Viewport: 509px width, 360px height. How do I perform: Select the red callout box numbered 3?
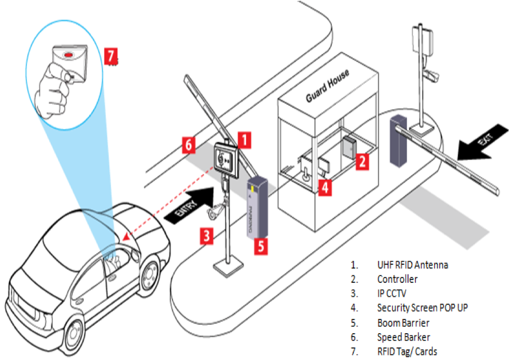coord(207,236)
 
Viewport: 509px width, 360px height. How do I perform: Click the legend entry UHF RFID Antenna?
coord(412,265)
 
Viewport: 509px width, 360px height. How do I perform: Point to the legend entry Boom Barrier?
coord(403,323)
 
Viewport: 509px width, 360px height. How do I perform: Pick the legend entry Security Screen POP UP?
coord(422,308)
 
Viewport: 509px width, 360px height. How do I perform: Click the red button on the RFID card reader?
coord(68,54)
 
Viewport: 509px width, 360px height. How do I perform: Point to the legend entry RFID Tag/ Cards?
coord(406,352)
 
